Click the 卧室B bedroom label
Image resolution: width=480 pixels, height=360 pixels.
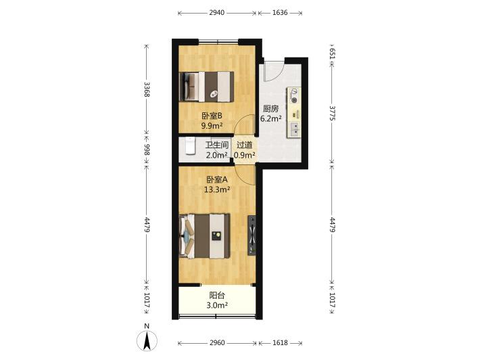click(212, 116)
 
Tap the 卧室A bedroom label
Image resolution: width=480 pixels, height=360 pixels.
click(217, 179)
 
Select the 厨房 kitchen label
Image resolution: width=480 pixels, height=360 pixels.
click(271, 109)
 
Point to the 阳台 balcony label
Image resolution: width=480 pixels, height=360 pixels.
click(217, 295)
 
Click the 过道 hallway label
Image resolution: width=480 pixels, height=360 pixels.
click(245, 145)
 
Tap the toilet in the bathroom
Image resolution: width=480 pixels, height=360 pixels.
click(191, 145)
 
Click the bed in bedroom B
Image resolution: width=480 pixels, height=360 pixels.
click(207, 87)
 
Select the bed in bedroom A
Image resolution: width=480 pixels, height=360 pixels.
click(204, 236)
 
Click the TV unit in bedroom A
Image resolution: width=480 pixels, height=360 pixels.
click(252, 235)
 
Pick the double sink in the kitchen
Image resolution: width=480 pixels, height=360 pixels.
click(295, 129)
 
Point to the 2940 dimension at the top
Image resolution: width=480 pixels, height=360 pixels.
click(217, 13)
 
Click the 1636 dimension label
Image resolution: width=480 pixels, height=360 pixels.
click(280, 13)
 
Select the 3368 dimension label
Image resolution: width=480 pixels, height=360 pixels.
click(147, 89)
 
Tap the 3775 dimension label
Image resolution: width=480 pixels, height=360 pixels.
click(332, 113)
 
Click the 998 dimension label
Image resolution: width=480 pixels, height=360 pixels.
click(147, 150)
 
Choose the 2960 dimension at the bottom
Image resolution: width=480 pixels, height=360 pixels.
click(217, 343)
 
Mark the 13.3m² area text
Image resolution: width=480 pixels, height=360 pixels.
click(217, 189)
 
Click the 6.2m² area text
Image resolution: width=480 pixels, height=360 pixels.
click(271, 118)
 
